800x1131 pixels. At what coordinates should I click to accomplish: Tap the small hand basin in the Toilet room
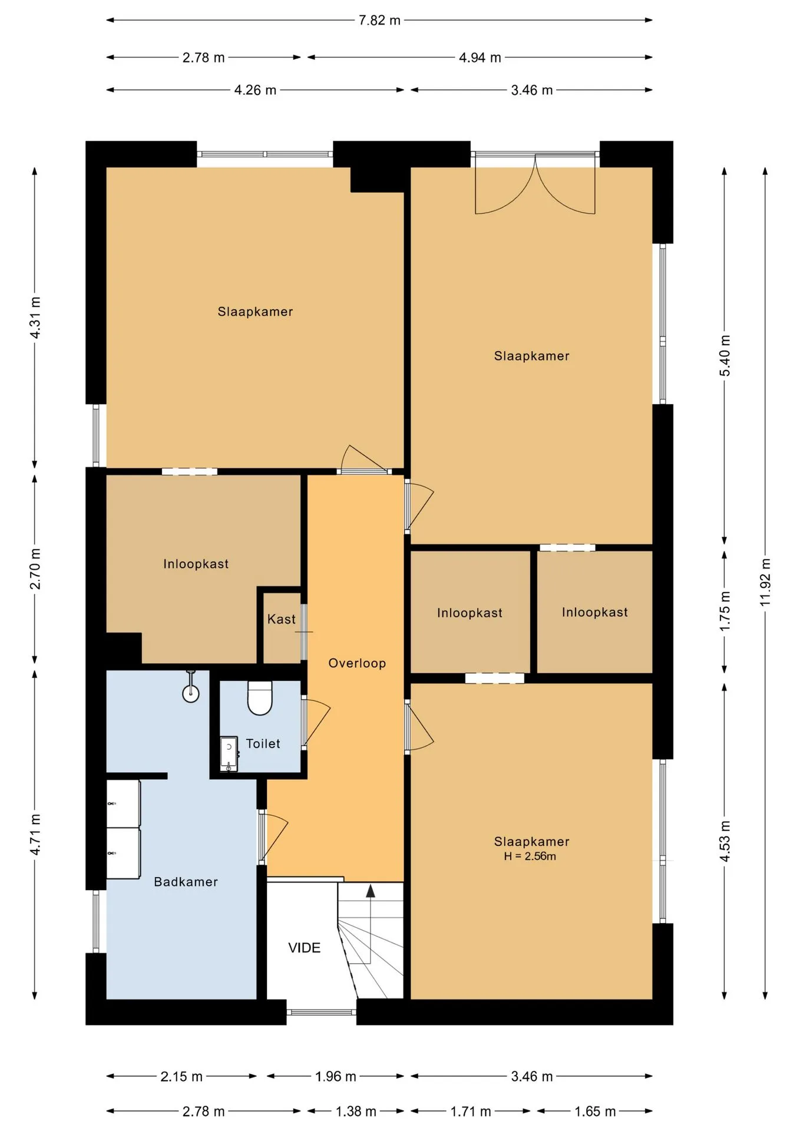[229, 754]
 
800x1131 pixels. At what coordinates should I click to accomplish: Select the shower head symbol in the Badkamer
[190, 687]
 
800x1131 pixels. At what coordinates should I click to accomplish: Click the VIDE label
[304, 948]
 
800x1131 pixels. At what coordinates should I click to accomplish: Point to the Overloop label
[357, 663]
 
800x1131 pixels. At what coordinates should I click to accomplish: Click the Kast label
[281, 619]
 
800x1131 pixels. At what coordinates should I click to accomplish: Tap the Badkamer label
[186, 882]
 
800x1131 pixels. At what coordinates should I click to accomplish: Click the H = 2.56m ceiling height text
[530, 856]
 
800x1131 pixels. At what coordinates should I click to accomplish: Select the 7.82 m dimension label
[379, 21]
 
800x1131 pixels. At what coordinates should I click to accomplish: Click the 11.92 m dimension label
[765, 582]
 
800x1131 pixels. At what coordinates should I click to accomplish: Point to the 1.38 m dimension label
[356, 1112]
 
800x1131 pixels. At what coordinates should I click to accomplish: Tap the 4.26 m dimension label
[255, 90]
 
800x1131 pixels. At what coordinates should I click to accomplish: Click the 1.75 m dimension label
[725, 611]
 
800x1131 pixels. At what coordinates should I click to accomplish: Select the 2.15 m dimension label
[181, 1077]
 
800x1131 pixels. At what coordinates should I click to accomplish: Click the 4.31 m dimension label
[35, 318]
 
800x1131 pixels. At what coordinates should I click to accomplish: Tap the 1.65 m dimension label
[595, 1112]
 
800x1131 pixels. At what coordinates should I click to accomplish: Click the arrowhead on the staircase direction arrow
[371, 891]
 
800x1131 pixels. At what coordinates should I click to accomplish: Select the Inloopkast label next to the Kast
[196, 564]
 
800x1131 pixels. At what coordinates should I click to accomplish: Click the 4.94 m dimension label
[480, 58]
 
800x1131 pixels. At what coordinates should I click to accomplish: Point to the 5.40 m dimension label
[725, 356]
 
